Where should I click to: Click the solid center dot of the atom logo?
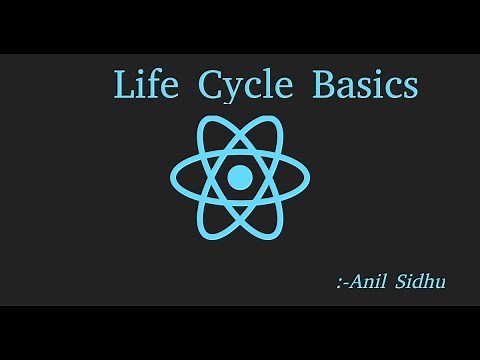240,178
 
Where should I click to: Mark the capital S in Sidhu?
404,283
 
